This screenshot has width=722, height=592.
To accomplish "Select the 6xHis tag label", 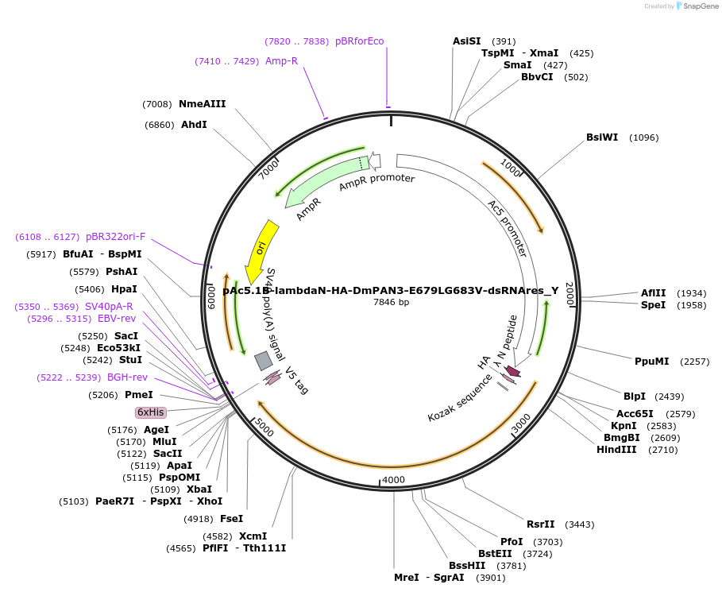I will pos(150,412).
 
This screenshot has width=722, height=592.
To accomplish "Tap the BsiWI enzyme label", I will pos(602,137).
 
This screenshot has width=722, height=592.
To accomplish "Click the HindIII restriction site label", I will pos(616,450).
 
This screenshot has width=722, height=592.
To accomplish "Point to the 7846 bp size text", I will pos(391,302).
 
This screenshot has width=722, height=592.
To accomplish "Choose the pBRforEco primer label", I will pos(359,41).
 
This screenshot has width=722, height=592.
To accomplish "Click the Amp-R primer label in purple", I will pos(281,61).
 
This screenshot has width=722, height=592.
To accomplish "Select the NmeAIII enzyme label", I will pos(203,104).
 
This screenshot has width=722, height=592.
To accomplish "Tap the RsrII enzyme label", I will pos(540,524).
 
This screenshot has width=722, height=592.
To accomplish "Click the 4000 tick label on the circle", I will pos(393,480).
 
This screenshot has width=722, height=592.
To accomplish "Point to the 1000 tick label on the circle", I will pos(511,168).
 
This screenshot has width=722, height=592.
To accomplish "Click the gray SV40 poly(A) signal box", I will pos(263,361).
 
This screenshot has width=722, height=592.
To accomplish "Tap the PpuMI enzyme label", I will pos(651,362).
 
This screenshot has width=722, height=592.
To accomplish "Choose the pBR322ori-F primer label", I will pos(115,237).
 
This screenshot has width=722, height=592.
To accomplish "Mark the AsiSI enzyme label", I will pos(467,41).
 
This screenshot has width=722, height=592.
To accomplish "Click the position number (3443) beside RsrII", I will pos(579,524).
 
